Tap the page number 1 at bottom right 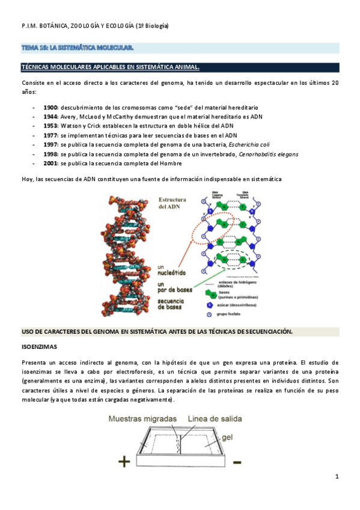tap(337, 477)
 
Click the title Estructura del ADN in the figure tap(172, 203)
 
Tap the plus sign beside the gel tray tap(124, 462)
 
